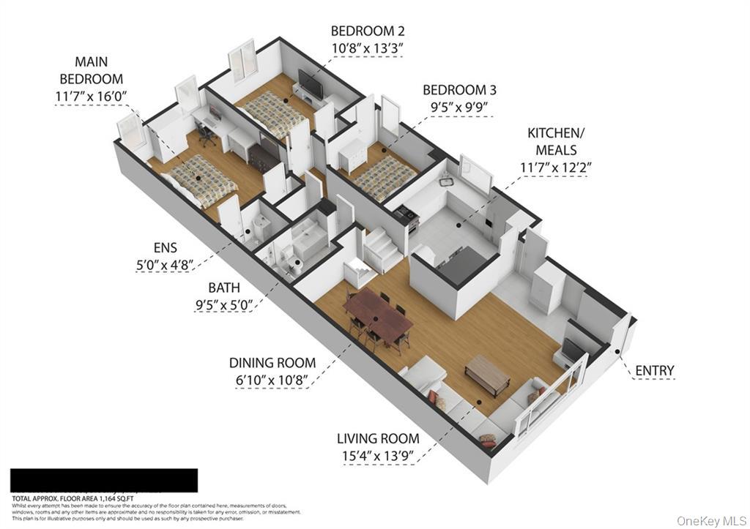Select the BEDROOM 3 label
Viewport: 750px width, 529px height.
tap(459, 90)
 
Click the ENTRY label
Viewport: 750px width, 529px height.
tap(654, 371)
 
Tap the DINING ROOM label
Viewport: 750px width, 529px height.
tap(272, 363)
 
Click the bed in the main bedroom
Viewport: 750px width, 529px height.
tap(198, 180)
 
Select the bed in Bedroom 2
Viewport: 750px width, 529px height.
tap(277, 114)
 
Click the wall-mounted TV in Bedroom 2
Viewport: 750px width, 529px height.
tap(311, 86)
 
